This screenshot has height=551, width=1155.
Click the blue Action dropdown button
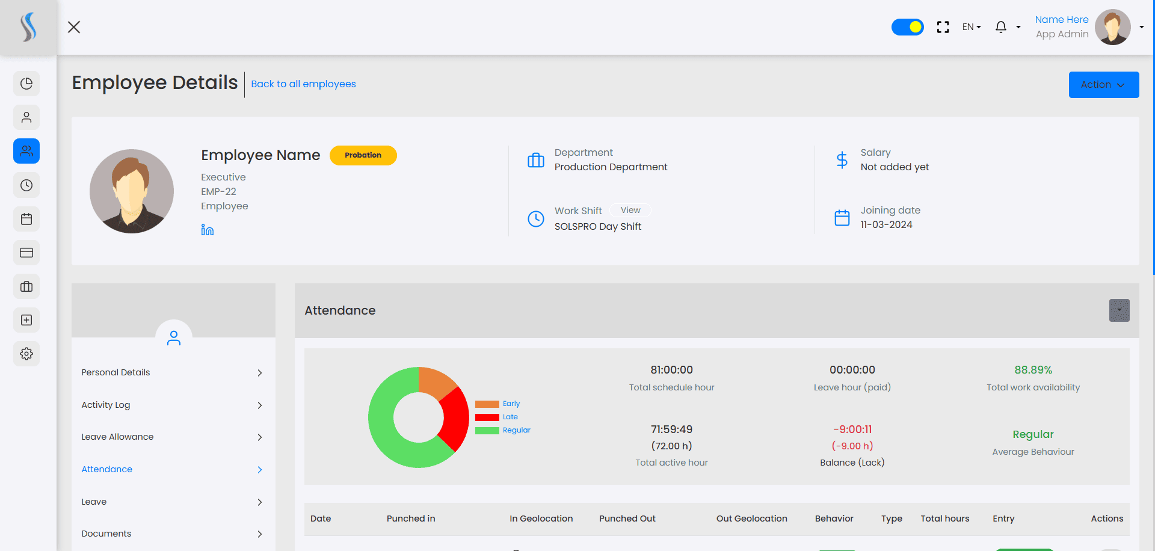click(x=1103, y=85)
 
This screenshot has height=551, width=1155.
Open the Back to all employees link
click(x=303, y=84)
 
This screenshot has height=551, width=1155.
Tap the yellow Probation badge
click(x=363, y=155)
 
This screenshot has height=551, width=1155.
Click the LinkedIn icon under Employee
click(x=208, y=230)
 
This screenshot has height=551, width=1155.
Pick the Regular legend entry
click(x=503, y=430)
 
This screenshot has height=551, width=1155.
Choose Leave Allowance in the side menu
click(x=117, y=437)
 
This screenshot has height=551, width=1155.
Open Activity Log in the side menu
click(x=106, y=405)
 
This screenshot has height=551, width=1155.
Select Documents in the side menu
click(x=106, y=534)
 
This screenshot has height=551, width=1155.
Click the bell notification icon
click(x=1001, y=27)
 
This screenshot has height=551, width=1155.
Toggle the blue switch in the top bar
click(x=908, y=27)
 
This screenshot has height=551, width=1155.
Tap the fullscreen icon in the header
click(x=943, y=27)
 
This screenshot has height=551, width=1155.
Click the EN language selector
click(x=972, y=27)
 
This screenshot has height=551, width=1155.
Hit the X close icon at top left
click(x=74, y=27)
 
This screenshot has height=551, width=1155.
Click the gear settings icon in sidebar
click(x=26, y=354)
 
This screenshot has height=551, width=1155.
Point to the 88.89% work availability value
click(x=1033, y=370)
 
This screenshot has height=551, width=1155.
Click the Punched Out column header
click(x=627, y=519)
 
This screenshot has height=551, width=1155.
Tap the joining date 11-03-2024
click(x=887, y=225)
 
